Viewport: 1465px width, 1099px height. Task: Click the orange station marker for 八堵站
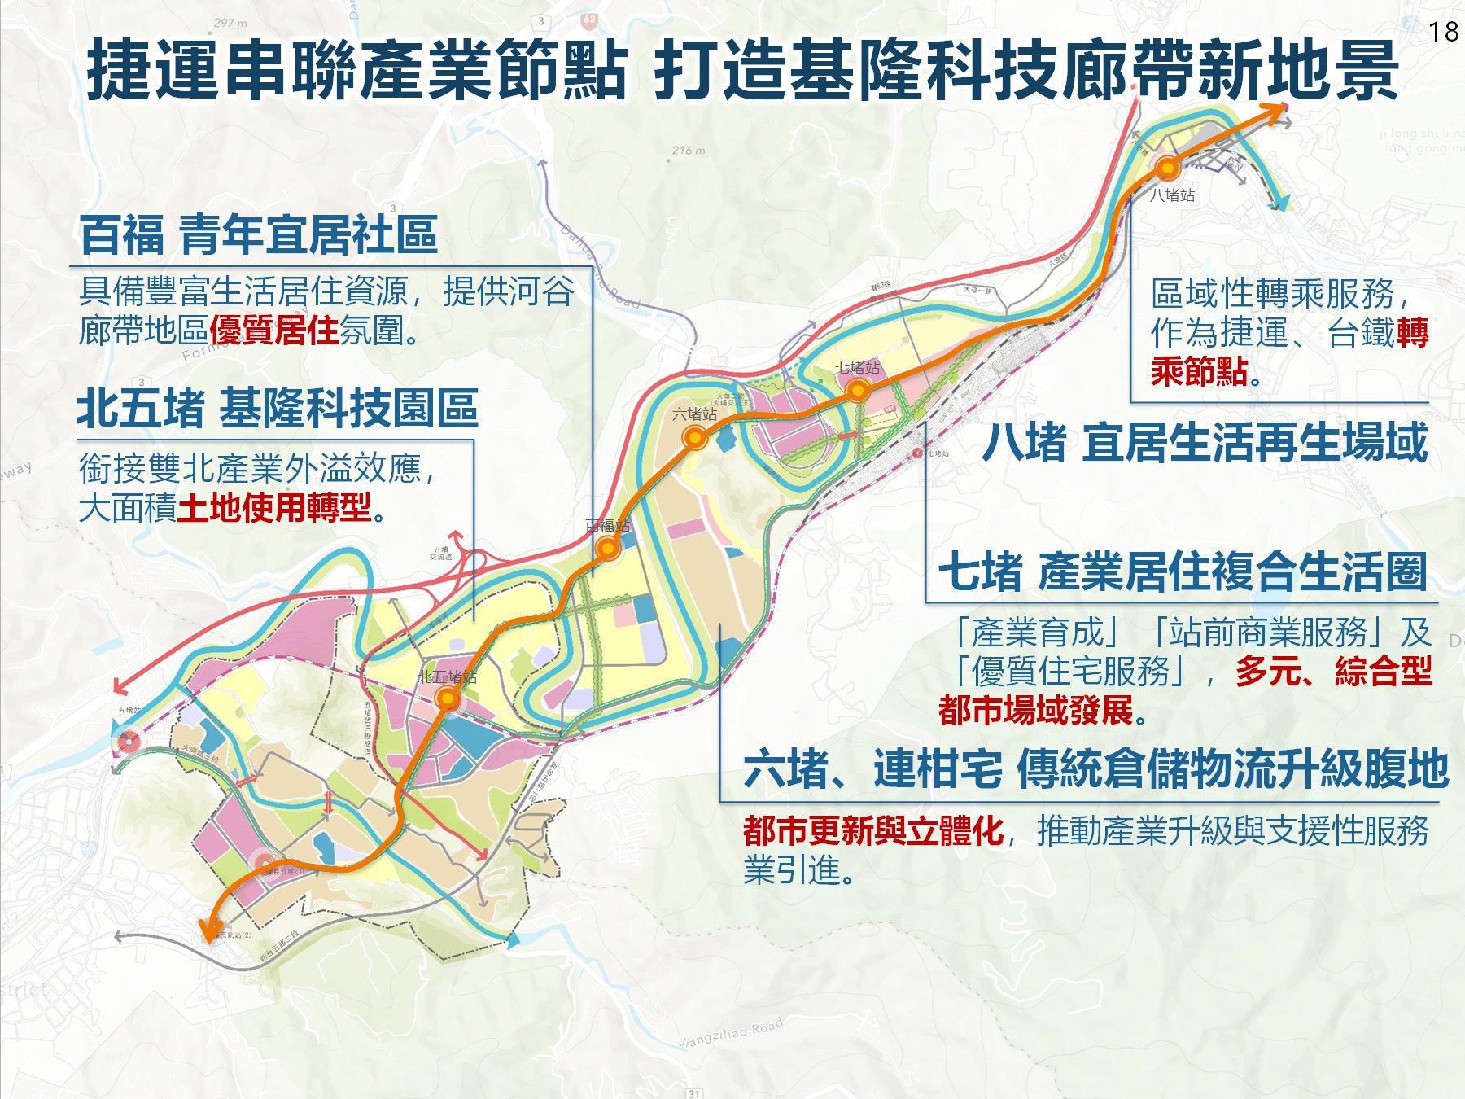point(1168,169)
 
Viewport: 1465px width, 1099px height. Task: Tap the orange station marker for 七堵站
point(857,391)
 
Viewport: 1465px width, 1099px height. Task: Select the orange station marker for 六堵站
point(695,439)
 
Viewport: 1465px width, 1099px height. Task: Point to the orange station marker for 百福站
point(607,549)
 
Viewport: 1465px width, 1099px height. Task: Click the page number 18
point(1443,31)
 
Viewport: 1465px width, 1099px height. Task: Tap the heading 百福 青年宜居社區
point(259,234)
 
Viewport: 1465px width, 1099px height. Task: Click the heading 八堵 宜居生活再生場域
point(1205,444)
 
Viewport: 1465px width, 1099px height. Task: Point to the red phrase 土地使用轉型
point(274,509)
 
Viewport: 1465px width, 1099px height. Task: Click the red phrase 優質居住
point(273,331)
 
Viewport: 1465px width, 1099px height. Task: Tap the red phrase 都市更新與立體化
point(872,831)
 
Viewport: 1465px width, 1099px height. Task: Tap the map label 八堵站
point(1173,195)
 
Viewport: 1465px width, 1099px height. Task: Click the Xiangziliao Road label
point(730,1033)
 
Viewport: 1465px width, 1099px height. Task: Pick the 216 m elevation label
point(689,151)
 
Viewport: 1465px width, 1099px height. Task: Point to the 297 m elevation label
point(230,24)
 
